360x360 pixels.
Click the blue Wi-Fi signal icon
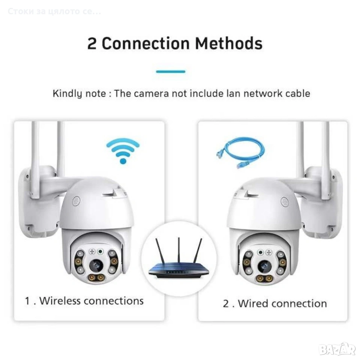click(x=123, y=151)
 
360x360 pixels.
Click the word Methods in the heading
click(x=229, y=43)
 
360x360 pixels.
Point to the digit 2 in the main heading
click(x=92, y=43)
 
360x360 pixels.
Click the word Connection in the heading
click(x=146, y=43)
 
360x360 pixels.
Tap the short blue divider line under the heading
click(x=171, y=72)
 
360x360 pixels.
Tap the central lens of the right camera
click(x=264, y=266)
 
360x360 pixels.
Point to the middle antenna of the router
click(x=178, y=250)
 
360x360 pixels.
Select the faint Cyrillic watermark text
click(x=54, y=11)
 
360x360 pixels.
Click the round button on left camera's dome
click(x=76, y=201)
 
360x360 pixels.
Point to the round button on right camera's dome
click(x=285, y=202)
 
